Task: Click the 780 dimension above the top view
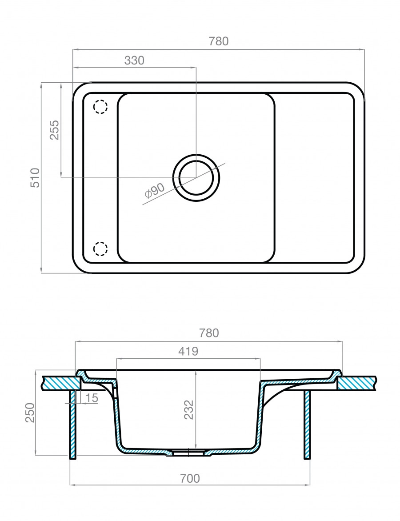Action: pyautogui.click(x=218, y=41)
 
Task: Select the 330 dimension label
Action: pyautogui.click(x=134, y=60)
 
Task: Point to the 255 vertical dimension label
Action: pyautogui.click(x=54, y=130)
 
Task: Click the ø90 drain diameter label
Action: pyautogui.click(x=155, y=191)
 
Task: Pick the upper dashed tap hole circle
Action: pyautogui.click(x=100, y=107)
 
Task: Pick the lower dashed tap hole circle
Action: pyautogui.click(x=100, y=249)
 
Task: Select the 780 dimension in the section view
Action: pyautogui.click(x=209, y=333)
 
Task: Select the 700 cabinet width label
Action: pyautogui.click(x=190, y=479)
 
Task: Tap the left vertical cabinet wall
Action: pyautogui.click(x=73, y=425)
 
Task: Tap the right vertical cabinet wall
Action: pyautogui.click(x=307, y=425)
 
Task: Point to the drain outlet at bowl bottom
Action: pyautogui.click(x=189, y=453)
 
